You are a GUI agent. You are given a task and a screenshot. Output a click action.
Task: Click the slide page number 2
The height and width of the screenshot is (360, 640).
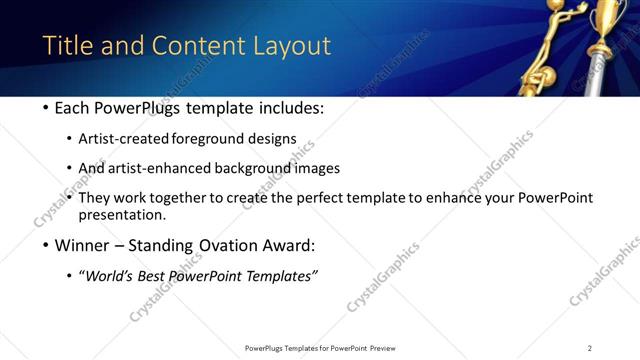(590, 348)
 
